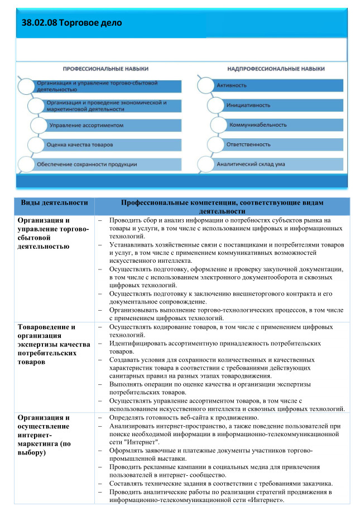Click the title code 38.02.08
39,23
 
